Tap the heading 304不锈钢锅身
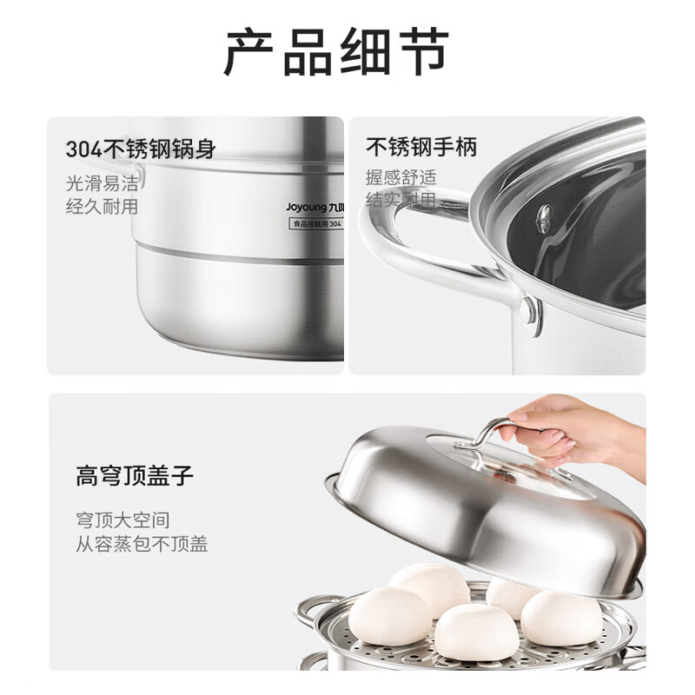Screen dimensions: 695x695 click(141, 149)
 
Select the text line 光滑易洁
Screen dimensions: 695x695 click(103, 184)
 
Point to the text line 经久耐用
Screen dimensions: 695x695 click(103, 207)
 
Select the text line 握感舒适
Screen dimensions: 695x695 click(401, 178)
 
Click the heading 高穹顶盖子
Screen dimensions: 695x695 click(134, 476)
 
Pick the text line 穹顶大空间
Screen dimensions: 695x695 click(122, 521)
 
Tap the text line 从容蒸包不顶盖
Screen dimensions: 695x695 click(141, 545)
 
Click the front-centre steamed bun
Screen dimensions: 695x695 click(476, 632)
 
